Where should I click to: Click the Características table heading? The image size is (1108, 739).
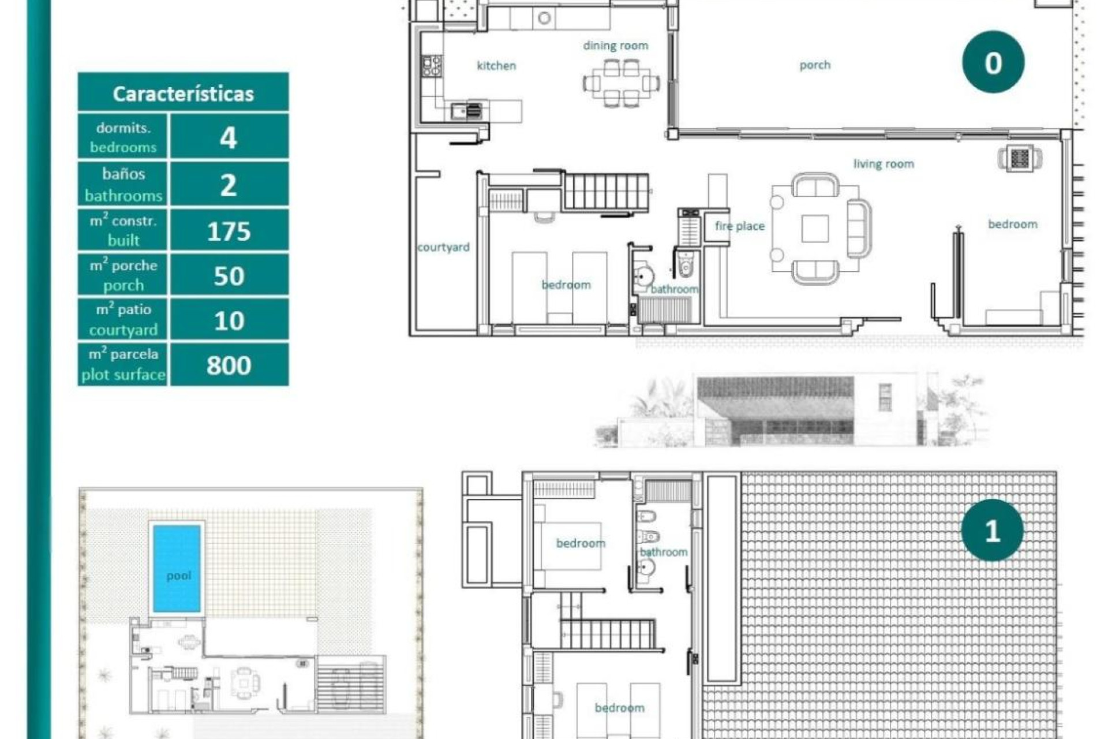(183, 93)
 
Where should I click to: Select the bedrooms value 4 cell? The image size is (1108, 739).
(229, 137)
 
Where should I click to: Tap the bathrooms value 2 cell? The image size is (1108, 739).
(229, 185)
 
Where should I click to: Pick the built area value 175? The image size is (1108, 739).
(229, 231)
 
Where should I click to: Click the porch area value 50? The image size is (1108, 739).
(229, 276)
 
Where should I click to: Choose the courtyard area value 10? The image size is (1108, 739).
(229, 320)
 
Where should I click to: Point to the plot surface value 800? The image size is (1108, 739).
(229, 365)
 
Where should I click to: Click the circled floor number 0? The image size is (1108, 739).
(993, 62)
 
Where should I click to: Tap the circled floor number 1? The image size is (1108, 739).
(992, 530)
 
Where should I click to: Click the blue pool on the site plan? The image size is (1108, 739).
(177, 568)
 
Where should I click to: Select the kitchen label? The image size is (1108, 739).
(496, 66)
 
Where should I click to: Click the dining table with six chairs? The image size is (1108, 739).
(621, 83)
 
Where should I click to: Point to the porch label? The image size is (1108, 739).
(815, 65)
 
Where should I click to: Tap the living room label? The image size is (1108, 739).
(884, 164)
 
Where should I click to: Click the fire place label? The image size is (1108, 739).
(739, 226)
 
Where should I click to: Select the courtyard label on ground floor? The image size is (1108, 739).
(443, 247)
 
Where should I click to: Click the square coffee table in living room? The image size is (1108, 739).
(815, 229)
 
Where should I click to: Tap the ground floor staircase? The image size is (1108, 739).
(605, 192)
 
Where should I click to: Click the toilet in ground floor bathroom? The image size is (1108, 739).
(686, 266)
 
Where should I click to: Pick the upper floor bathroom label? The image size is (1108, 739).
(664, 552)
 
